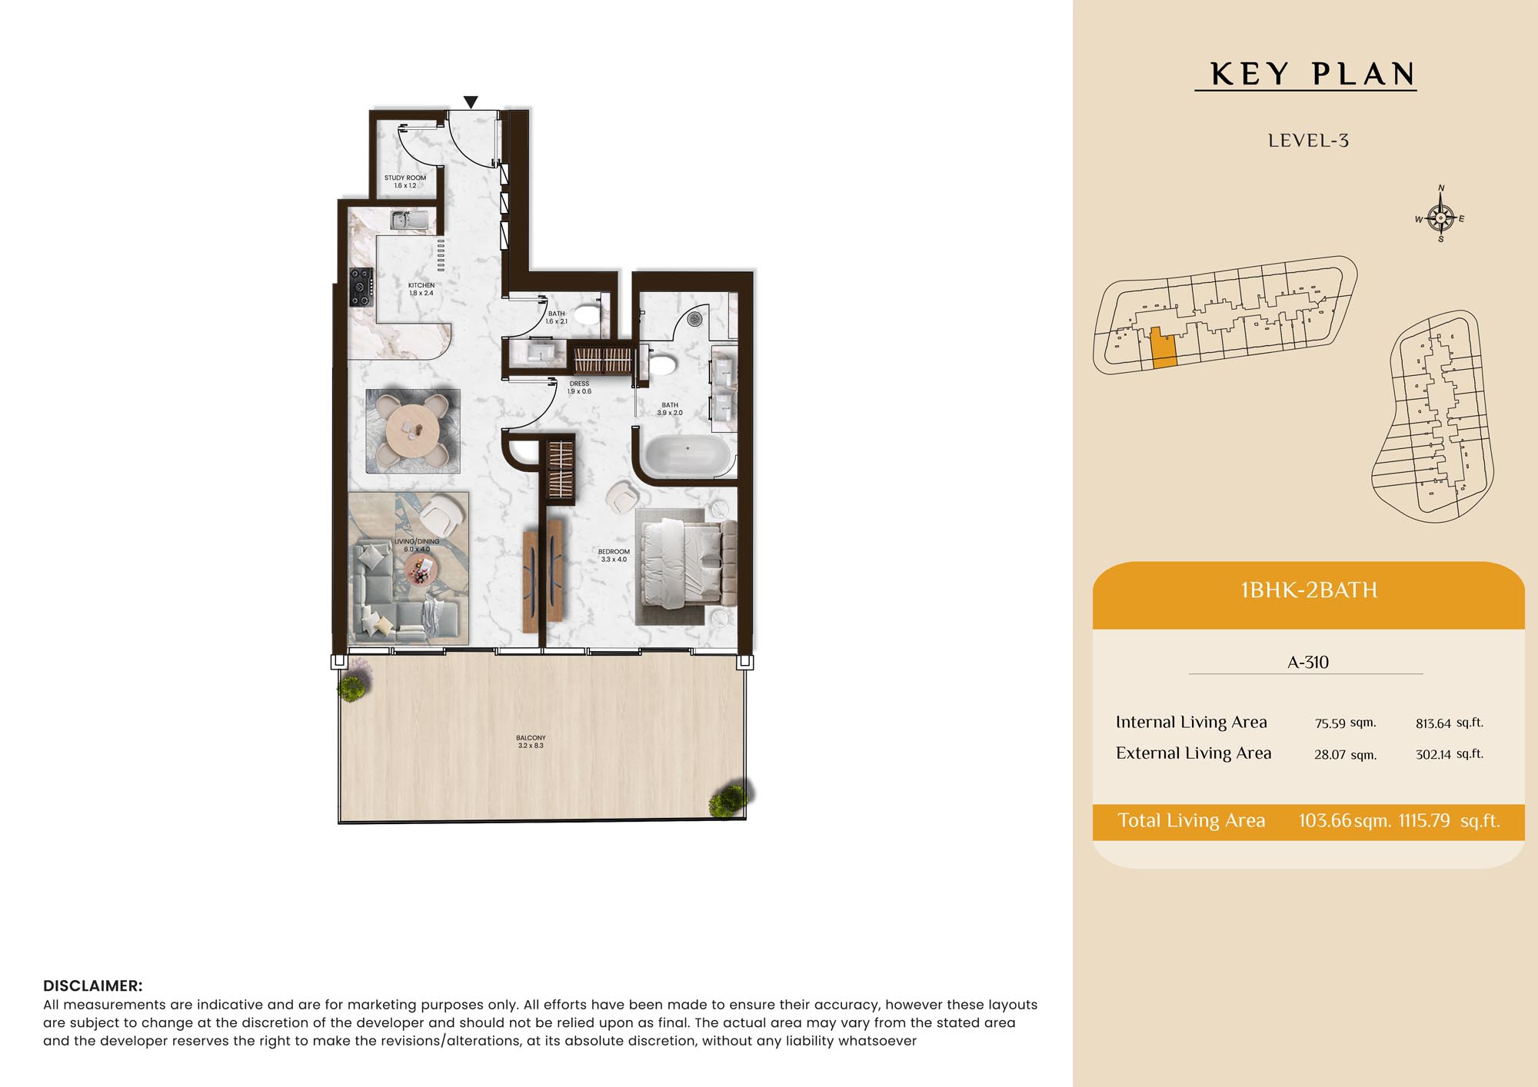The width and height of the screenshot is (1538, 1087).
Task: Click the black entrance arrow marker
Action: pos(471,102)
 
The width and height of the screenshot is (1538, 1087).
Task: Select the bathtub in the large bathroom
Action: pos(687,455)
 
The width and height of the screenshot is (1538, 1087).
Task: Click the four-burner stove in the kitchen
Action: pos(361,287)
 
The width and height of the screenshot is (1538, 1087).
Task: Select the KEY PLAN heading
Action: pos(1312,75)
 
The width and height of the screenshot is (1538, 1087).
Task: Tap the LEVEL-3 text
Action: pos(1308,141)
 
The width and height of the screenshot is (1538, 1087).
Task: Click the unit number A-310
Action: pos(1307,662)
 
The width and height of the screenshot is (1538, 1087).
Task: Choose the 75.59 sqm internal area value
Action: pos(1345,723)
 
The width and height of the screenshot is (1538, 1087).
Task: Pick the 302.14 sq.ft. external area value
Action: pos(1450,754)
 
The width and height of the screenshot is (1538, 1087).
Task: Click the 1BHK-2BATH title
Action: pos(1309,590)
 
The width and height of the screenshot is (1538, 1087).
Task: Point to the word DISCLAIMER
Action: pos(93,986)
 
